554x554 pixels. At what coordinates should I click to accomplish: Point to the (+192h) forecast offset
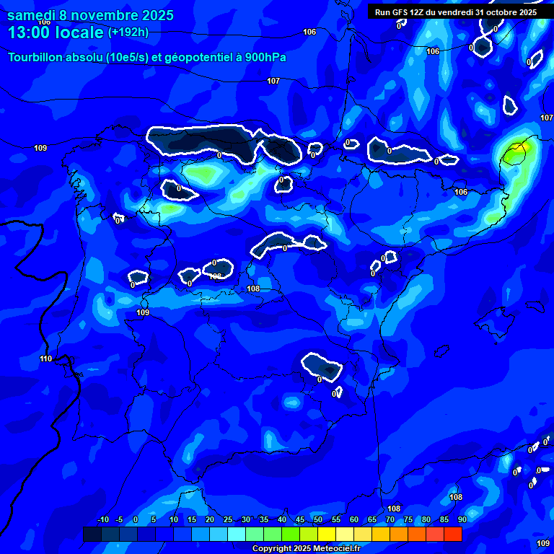click(x=128, y=32)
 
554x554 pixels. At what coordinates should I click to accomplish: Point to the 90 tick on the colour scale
click(x=462, y=520)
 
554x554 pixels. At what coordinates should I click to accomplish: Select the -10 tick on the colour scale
click(x=102, y=520)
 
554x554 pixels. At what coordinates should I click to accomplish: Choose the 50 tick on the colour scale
click(x=318, y=520)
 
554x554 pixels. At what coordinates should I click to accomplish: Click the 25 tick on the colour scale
click(x=228, y=520)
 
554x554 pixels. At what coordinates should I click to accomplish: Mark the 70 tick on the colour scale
click(x=390, y=520)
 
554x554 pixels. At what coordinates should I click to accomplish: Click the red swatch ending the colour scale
click(x=452, y=534)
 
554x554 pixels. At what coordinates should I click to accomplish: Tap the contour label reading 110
click(x=46, y=359)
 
